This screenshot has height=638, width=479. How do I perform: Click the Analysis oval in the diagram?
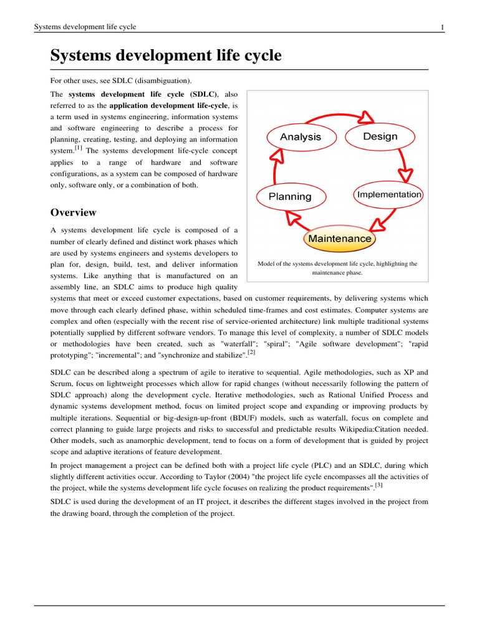[300, 137]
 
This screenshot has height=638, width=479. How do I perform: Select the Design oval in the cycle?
[380, 136]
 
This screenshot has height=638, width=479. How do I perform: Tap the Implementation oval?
[389, 194]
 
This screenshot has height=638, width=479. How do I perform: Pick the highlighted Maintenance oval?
[339, 239]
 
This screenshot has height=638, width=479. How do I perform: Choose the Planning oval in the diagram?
[289, 196]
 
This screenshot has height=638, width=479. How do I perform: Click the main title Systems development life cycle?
[166, 56]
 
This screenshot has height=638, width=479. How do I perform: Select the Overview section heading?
[73, 212]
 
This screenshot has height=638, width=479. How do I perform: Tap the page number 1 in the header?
[442, 27]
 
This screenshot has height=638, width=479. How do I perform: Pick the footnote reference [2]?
[251, 352]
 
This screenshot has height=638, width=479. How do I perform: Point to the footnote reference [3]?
[379, 484]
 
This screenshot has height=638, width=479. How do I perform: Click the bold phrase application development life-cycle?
[165, 105]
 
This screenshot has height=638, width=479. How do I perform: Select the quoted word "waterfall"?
[241, 343]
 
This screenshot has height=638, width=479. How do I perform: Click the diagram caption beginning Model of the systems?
[337, 268]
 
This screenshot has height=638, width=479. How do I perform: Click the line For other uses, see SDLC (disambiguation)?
[121, 81]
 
